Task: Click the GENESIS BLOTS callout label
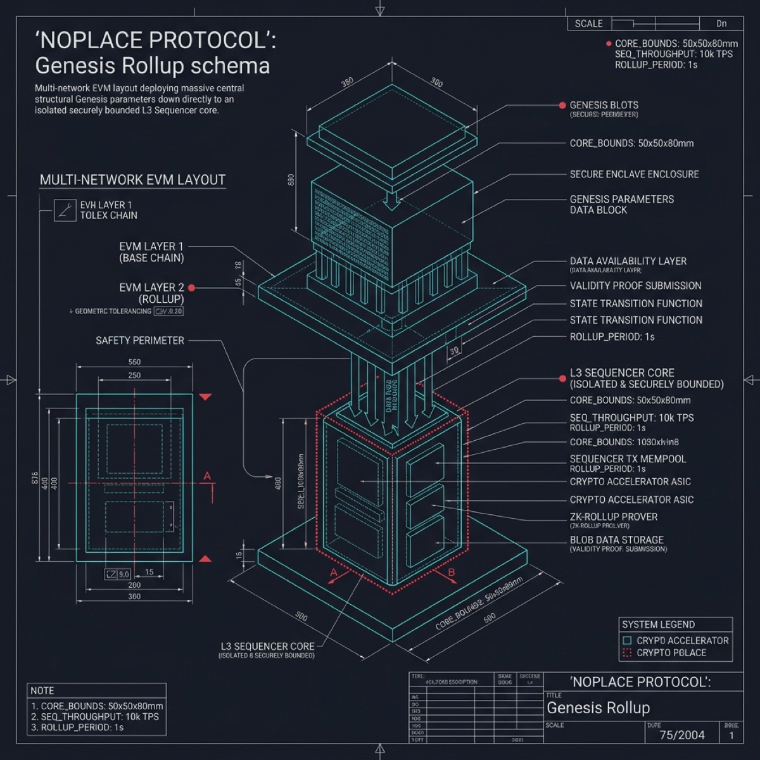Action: (604, 105)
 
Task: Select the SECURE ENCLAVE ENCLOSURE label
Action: (634, 174)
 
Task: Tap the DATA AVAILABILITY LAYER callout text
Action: (628, 261)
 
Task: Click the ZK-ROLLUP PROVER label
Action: (613, 517)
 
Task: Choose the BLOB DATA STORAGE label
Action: (616, 540)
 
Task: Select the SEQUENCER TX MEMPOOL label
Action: (628, 459)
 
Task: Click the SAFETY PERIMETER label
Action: (140, 341)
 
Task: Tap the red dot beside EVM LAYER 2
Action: (191, 288)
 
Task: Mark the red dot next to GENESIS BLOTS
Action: (562, 105)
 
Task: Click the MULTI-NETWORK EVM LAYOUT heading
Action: (132, 180)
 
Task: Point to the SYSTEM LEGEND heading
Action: (658, 624)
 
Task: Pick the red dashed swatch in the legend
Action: (627, 653)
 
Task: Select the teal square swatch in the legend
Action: (627, 640)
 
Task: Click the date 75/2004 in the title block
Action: (681, 735)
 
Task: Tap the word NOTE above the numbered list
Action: (42, 690)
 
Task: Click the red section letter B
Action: (452, 573)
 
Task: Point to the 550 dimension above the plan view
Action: (134, 362)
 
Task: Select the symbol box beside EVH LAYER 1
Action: (64, 210)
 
